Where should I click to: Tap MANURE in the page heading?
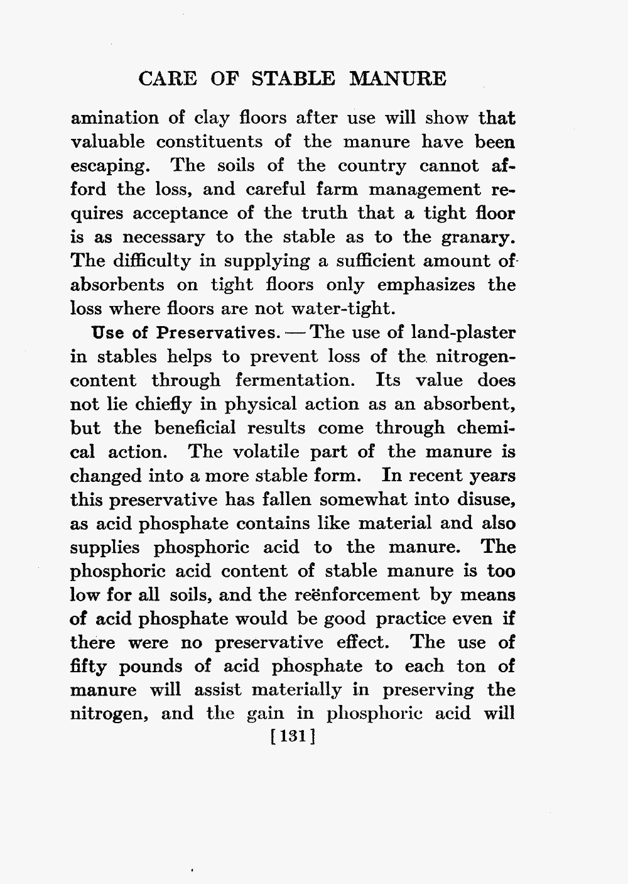tap(398, 79)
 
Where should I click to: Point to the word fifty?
tap(90, 667)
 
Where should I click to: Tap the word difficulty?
tap(145, 261)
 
